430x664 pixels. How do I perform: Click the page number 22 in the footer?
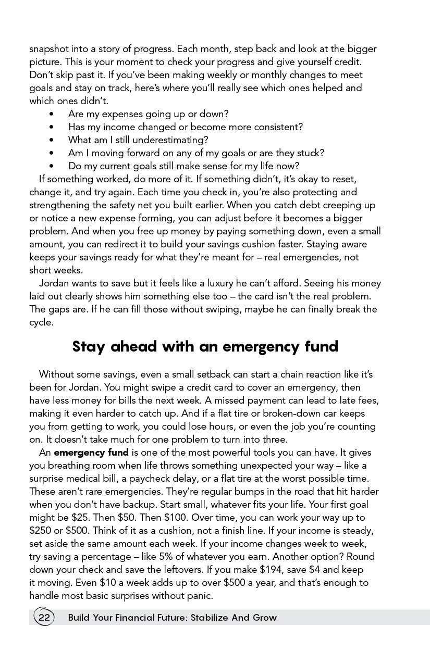(x=44, y=618)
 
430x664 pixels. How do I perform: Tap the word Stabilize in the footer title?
(x=210, y=618)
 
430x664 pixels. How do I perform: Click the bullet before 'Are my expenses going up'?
(x=51, y=114)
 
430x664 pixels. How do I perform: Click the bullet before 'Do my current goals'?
(x=51, y=166)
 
